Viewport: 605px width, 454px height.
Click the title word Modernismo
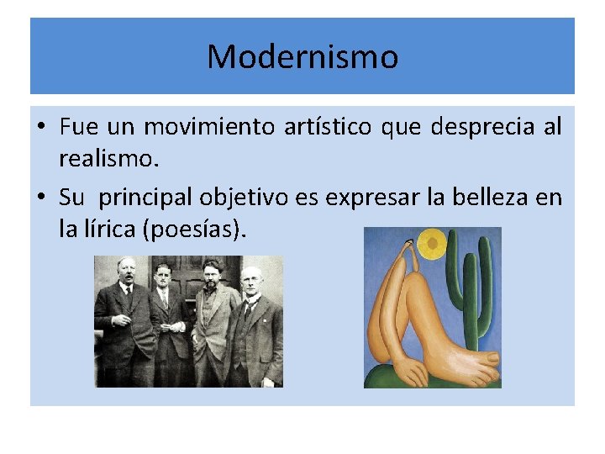click(302, 57)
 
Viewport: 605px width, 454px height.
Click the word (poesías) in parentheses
click(194, 228)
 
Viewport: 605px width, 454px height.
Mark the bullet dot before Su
click(40, 198)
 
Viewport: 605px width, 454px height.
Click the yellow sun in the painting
click(433, 244)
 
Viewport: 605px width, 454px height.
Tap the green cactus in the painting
click(471, 286)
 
